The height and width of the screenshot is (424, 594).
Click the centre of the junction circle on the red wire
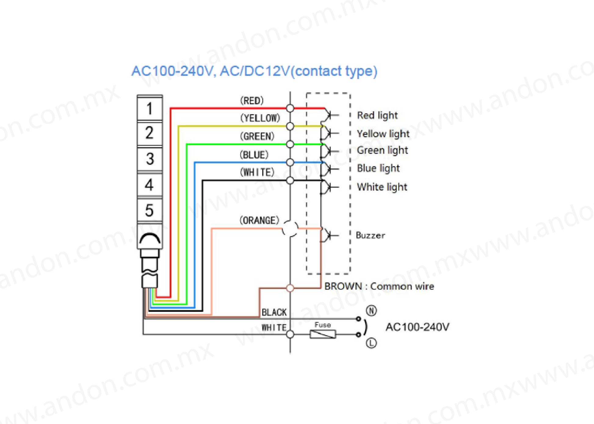tap(290, 108)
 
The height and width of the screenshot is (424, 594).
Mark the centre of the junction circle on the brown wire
tap(290, 288)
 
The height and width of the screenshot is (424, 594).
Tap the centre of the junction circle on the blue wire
tap(290, 162)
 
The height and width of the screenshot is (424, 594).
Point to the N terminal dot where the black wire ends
tap(359, 319)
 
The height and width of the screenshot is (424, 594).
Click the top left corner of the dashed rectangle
tap(307, 93)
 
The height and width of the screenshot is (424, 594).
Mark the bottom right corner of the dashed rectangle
tap(350, 274)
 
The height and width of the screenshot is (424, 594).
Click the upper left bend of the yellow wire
tap(179, 126)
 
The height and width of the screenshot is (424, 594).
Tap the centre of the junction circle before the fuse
tap(290, 334)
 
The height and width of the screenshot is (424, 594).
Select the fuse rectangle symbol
tap(323, 334)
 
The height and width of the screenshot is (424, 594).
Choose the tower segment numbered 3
tap(150, 159)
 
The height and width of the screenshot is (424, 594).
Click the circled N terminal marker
tap(371, 311)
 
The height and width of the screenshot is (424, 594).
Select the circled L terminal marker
tap(371, 343)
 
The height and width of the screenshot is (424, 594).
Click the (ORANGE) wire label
tap(259, 220)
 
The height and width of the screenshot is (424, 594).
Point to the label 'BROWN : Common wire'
tap(379, 286)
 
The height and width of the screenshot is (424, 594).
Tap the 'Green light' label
tap(382, 150)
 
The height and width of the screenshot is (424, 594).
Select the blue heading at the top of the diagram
tap(255, 71)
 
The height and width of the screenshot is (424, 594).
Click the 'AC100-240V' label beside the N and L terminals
tap(418, 327)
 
